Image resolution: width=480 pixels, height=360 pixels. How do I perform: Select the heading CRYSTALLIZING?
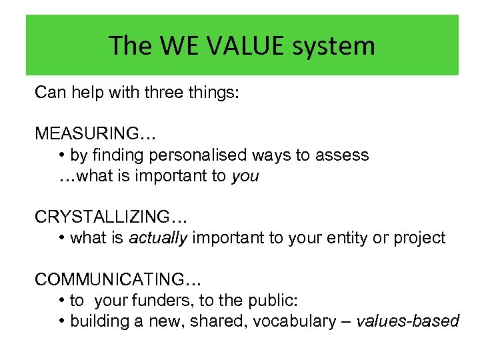[111, 217]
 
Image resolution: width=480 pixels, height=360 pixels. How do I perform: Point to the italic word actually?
[158, 238]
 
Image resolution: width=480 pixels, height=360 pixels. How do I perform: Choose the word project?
[420, 238]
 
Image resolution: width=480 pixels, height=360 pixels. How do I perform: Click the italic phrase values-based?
[408, 321]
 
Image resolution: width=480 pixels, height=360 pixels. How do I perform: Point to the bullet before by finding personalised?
[61, 155]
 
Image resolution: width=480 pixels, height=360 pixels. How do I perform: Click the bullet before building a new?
[61, 321]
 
